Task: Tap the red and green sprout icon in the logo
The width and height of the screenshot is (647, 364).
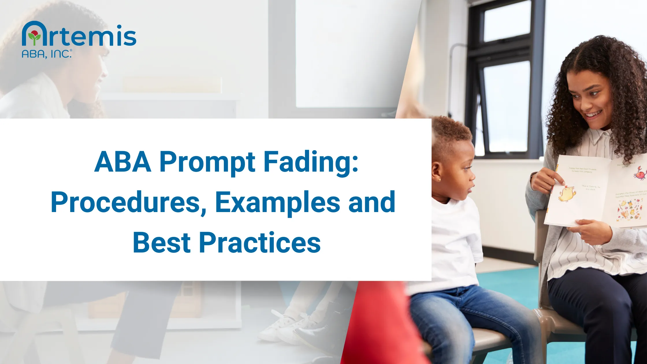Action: coord(34,37)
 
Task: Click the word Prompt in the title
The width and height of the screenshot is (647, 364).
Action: coord(207,162)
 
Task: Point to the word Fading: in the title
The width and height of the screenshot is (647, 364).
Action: coord(311,162)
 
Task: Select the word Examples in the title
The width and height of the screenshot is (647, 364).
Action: coord(277,203)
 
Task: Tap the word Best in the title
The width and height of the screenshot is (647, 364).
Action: coord(162,243)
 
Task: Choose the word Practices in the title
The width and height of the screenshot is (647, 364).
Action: coord(260,243)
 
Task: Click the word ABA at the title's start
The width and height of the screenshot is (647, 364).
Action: coord(123,162)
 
